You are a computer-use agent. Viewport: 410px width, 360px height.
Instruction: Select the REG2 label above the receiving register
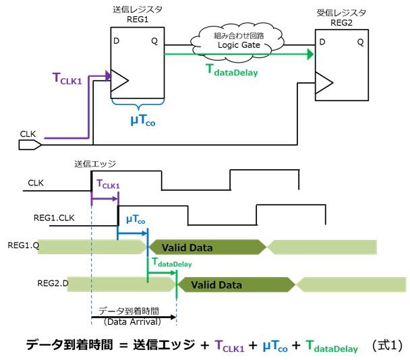tap(336, 22)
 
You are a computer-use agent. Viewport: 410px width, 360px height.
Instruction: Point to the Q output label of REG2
tap(359, 42)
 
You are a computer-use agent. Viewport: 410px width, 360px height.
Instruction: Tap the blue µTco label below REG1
tap(143, 121)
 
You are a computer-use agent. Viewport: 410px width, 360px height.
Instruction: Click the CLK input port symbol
tap(31, 144)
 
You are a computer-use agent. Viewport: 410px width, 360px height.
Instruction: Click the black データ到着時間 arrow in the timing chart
tap(133, 318)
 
